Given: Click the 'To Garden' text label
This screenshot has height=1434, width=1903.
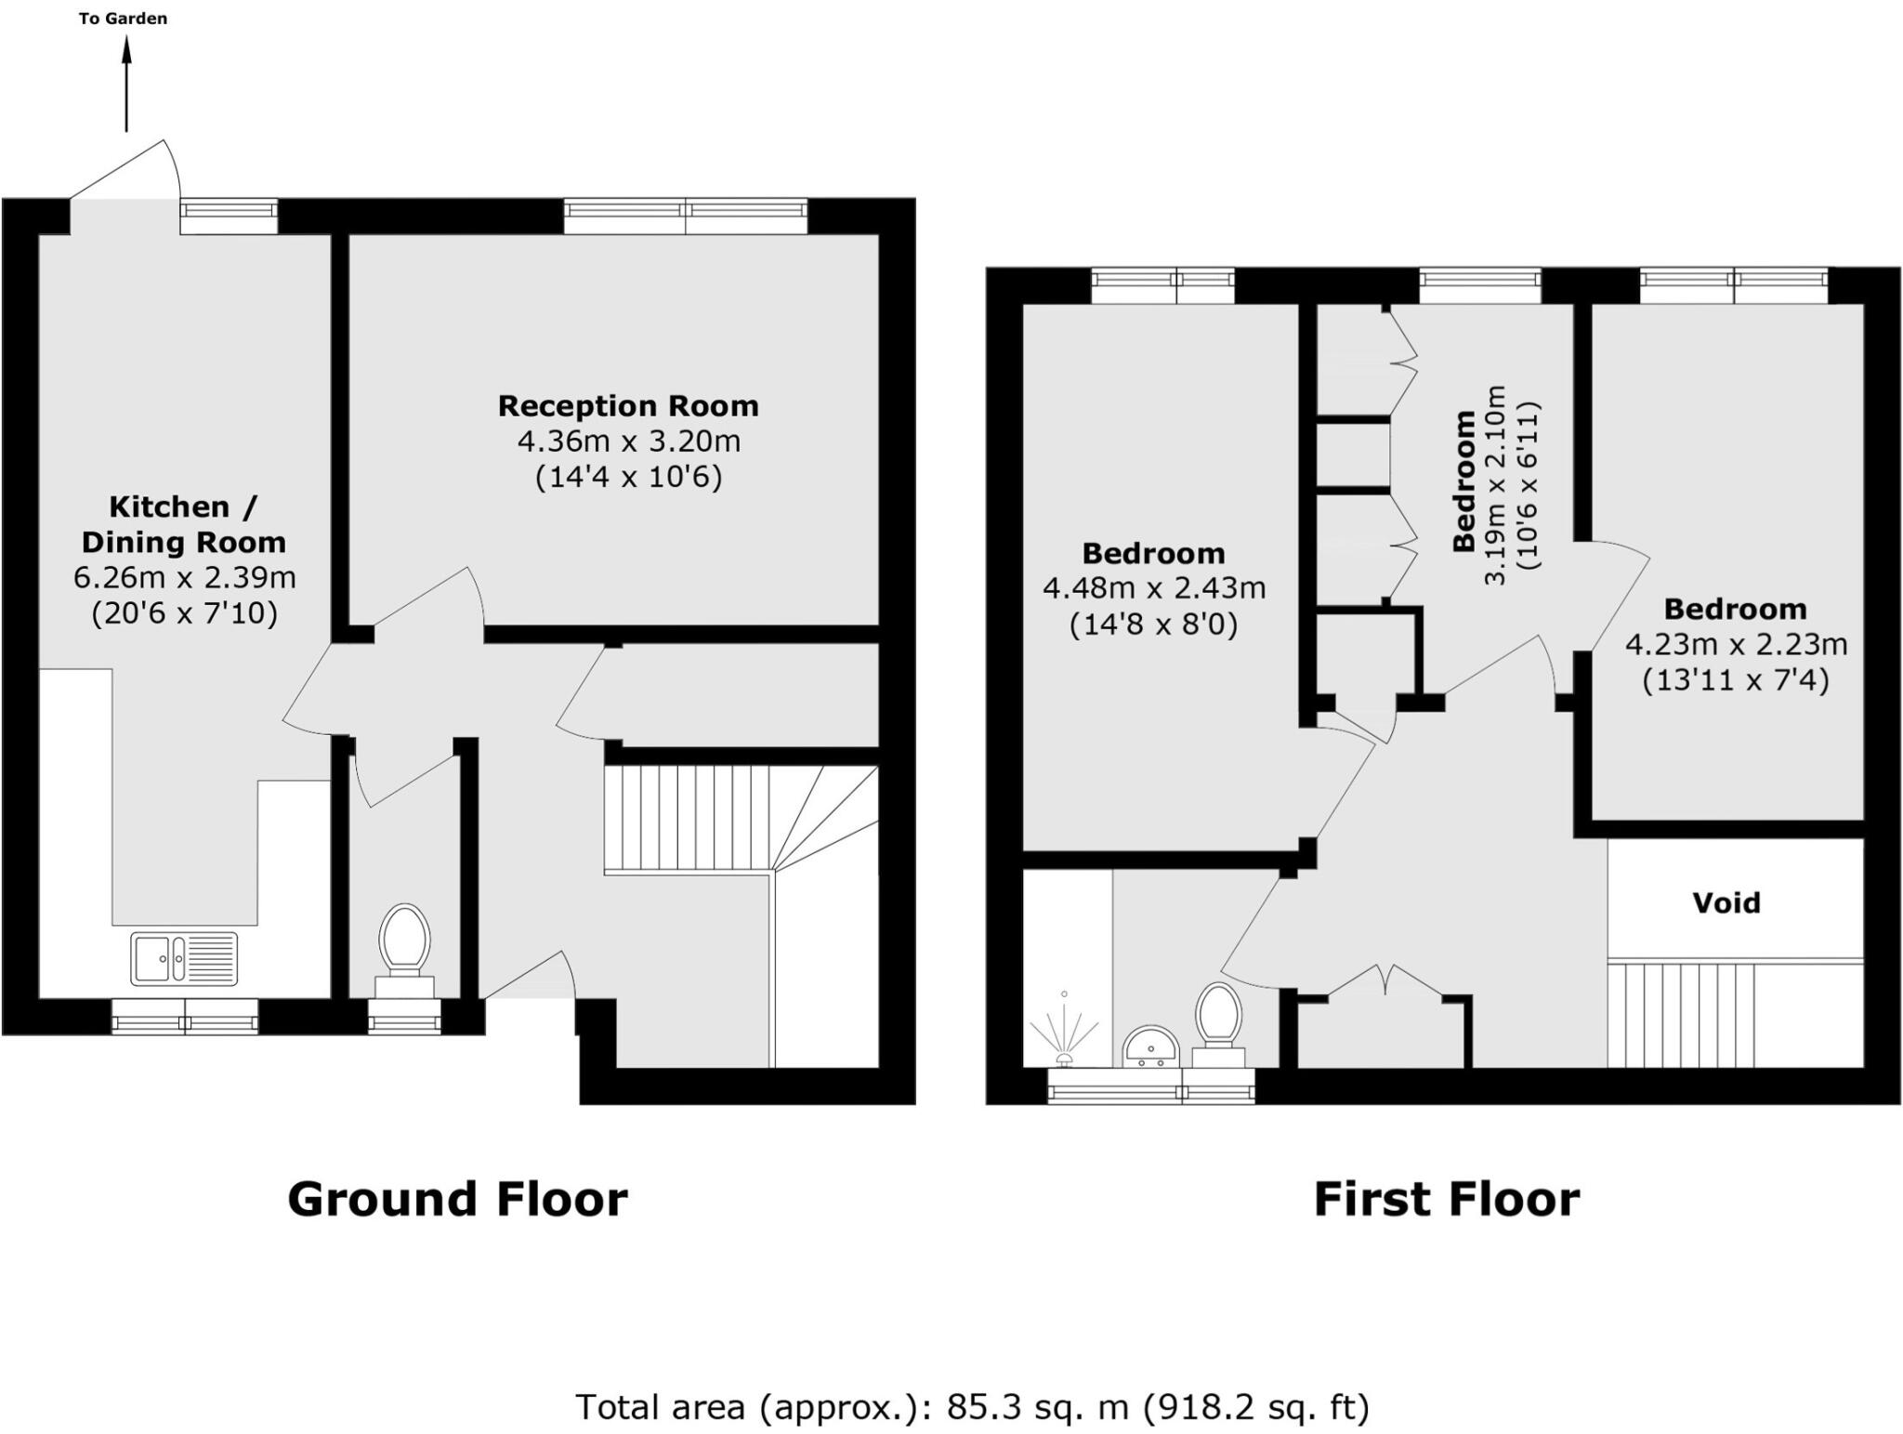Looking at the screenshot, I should (x=123, y=19).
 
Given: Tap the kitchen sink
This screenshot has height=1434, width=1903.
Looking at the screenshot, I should (x=183, y=957).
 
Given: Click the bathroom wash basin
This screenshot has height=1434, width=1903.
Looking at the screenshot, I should (x=1150, y=1046).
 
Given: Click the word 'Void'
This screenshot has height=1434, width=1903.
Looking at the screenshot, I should (x=1726, y=902).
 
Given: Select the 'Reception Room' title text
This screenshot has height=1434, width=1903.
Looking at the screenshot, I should (x=628, y=406).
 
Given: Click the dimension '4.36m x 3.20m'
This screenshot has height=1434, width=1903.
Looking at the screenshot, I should (x=628, y=441).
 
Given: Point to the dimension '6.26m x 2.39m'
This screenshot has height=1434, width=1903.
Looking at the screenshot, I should (x=184, y=577).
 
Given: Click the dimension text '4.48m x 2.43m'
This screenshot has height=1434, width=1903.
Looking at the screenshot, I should (x=1153, y=588).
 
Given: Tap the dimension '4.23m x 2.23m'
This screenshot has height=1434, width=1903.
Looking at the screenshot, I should (x=1735, y=644).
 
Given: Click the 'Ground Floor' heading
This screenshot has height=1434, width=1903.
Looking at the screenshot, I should (x=457, y=1199).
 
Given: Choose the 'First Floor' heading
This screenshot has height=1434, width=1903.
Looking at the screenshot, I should (x=1446, y=1199).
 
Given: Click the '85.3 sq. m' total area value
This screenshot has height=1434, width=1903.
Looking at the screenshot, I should (x=1037, y=1407).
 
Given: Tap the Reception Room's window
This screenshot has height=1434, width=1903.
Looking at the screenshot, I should (x=685, y=217).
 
